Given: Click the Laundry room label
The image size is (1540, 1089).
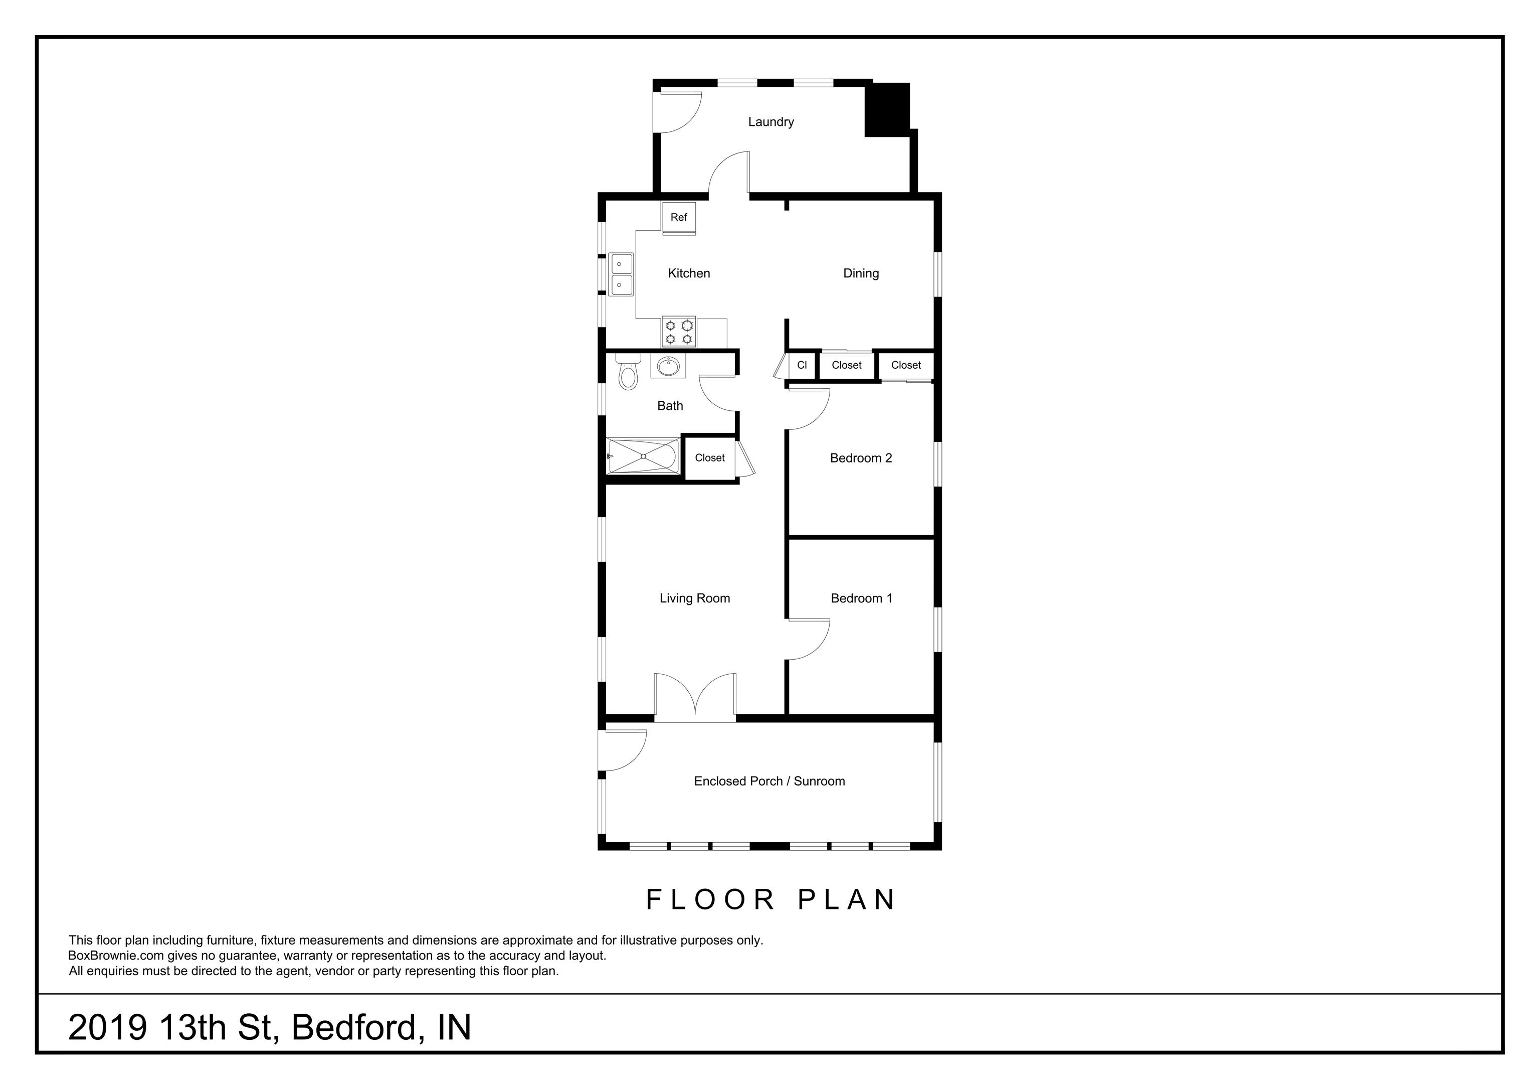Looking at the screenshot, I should pyautogui.click(x=771, y=122).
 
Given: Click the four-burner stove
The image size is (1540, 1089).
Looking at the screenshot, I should pyautogui.click(x=678, y=332).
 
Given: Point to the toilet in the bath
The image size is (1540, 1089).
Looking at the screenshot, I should pyautogui.click(x=628, y=373).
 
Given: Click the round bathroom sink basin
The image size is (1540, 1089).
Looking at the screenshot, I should pyautogui.click(x=668, y=366).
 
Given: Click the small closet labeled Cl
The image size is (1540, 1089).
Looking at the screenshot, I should pyautogui.click(x=802, y=366).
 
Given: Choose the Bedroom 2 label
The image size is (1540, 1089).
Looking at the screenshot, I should pyautogui.click(x=861, y=458).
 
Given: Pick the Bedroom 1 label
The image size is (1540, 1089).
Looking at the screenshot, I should pyautogui.click(x=861, y=598).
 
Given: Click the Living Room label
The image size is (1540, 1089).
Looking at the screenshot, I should pyautogui.click(x=694, y=598).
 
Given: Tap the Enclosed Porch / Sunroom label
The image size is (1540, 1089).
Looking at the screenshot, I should pyautogui.click(x=769, y=781).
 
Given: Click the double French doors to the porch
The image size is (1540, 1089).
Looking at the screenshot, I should pyautogui.click(x=695, y=698).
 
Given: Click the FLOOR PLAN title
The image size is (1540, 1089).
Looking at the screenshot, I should pyautogui.click(x=771, y=900).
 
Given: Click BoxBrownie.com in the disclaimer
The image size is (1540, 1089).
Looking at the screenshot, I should pyautogui.click(x=115, y=956).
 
